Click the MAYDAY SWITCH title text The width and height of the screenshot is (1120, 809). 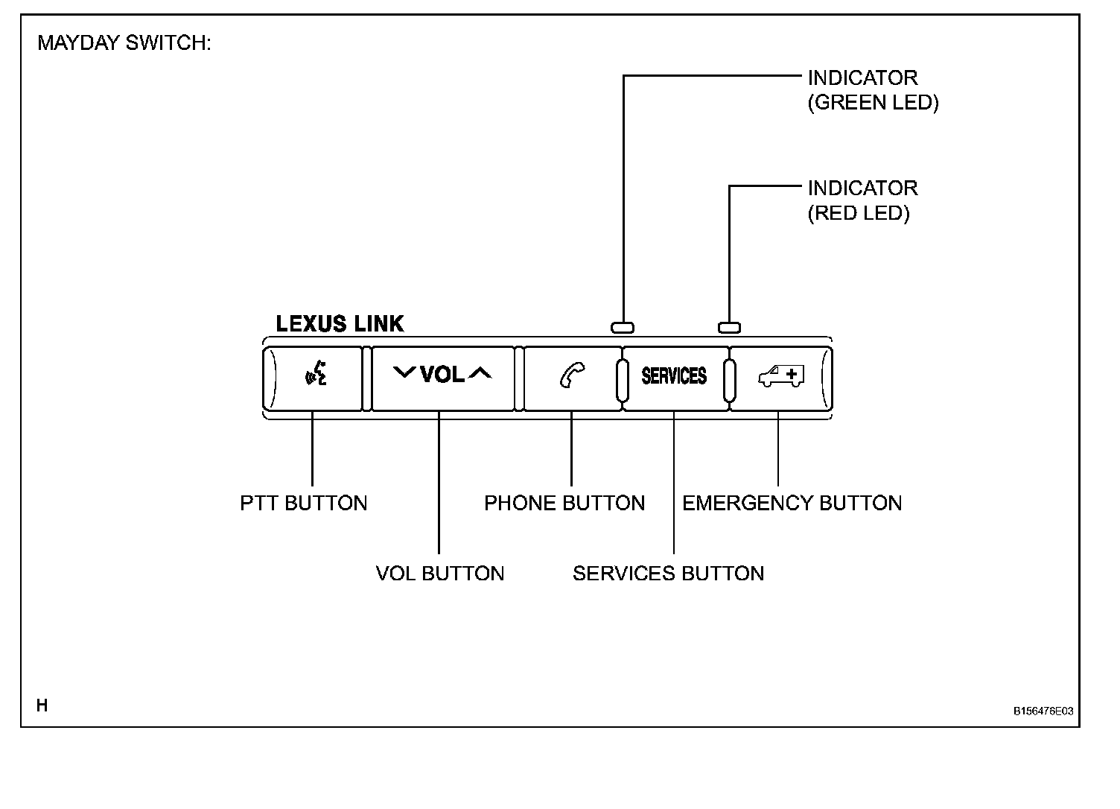124,43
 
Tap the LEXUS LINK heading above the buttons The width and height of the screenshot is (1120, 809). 340,324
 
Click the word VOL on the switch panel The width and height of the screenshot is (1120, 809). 442,374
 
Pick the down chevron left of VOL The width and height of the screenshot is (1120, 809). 404,372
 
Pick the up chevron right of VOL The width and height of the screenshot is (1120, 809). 480,372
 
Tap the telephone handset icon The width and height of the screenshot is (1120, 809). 572,375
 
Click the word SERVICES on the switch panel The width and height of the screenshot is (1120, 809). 674,375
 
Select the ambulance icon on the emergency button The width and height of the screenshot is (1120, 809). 781,375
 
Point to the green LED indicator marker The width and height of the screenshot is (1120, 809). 623,327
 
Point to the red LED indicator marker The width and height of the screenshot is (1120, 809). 729,327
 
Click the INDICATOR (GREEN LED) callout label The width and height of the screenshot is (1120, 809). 873,90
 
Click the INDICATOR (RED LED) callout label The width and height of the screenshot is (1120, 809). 862,200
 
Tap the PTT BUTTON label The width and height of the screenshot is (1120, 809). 304,504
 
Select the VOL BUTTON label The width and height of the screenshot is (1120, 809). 440,574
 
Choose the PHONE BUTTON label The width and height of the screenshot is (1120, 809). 564,504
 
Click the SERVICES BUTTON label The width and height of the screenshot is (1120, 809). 668,574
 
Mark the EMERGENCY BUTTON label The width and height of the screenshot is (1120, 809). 792,504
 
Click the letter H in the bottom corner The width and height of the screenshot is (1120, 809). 42,705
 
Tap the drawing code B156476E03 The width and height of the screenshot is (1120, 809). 1043,711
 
